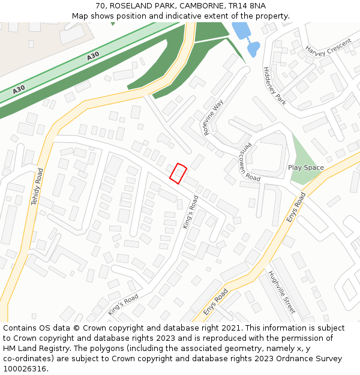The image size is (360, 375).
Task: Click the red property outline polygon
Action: pos(178,173)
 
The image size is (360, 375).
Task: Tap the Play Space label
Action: pos(305,168)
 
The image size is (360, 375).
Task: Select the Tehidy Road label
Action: pos(37,187)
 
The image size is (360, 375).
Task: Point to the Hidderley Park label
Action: pos(275,86)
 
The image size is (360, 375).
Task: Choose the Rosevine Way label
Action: pos(214,116)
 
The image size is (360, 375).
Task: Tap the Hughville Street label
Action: pos(282,292)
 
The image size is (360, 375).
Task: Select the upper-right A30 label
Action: pos(93,56)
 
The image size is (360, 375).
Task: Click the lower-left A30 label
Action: pos(19,89)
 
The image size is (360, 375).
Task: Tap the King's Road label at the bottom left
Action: pos(123,305)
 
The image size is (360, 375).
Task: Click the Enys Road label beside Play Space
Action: pos(296,208)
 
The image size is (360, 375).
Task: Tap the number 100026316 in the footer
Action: pos(25,369)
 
